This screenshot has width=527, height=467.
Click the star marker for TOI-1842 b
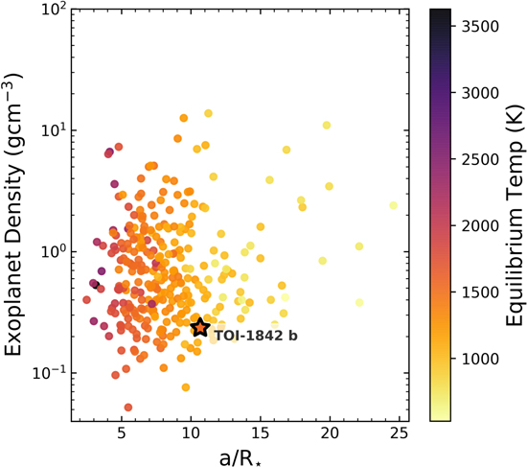point(199,328)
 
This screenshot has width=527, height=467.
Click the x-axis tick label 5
point(122,434)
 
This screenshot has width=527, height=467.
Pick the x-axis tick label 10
point(191,434)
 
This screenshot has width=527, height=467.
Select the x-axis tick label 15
point(261,434)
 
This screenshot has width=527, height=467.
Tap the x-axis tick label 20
point(331,434)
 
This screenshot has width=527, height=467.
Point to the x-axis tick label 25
point(400,434)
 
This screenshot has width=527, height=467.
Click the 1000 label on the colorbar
point(473,359)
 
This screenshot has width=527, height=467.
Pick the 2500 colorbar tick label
point(473,159)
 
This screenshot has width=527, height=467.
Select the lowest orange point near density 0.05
point(127,408)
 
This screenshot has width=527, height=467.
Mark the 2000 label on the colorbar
point(473,225)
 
